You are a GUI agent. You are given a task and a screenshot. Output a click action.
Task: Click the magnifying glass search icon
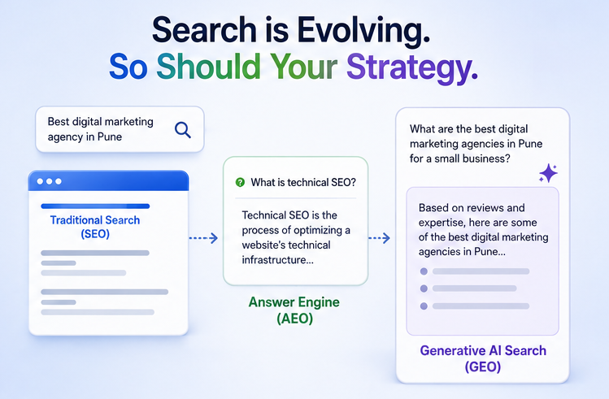pyautogui.click(x=183, y=130)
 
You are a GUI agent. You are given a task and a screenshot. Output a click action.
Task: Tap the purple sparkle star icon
pyautogui.click(x=548, y=173)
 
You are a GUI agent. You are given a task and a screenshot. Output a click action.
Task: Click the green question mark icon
pyautogui.click(x=241, y=182)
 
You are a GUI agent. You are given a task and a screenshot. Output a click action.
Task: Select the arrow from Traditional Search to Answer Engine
pyautogui.click(x=203, y=238)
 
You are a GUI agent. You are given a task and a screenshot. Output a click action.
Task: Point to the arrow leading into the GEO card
pyautogui.click(x=379, y=238)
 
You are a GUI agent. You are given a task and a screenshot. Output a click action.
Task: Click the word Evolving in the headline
pyautogui.click(x=363, y=30)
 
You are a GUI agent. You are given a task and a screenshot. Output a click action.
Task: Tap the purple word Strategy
pyautogui.click(x=412, y=67)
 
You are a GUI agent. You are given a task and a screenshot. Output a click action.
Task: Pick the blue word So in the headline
pyautogui.click(x=128, y=67)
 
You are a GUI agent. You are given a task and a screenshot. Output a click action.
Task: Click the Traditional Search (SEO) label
pyautogui.click(x=95, y=227)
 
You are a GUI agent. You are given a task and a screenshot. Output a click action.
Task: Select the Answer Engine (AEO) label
pyautogui.click(x=294, y=310)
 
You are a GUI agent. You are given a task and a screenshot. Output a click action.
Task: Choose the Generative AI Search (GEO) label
pyautogui.click(x=483, y=358)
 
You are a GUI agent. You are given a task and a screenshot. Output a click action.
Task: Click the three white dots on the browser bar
pyautogui.click(x=49, y=181)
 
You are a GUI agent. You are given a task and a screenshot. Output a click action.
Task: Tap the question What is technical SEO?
pyautogui.click(x=303, y=182)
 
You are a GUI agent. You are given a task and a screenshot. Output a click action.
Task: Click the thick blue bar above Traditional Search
pyautogui.click(x=95, y=206)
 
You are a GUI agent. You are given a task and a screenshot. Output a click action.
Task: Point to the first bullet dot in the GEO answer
pyautogui.click(x=424, y=271)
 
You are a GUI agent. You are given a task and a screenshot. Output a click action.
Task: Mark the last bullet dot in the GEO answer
pyautogui.click(x=424, y=306)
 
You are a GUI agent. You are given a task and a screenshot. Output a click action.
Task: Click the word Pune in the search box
pyautogui.click(x=110, y=137)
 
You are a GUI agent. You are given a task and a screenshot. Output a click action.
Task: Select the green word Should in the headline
pyautogui.click(x=208, y=67)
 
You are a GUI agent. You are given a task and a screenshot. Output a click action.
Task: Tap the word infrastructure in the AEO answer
pyautogui.click(x=274, y=260)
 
